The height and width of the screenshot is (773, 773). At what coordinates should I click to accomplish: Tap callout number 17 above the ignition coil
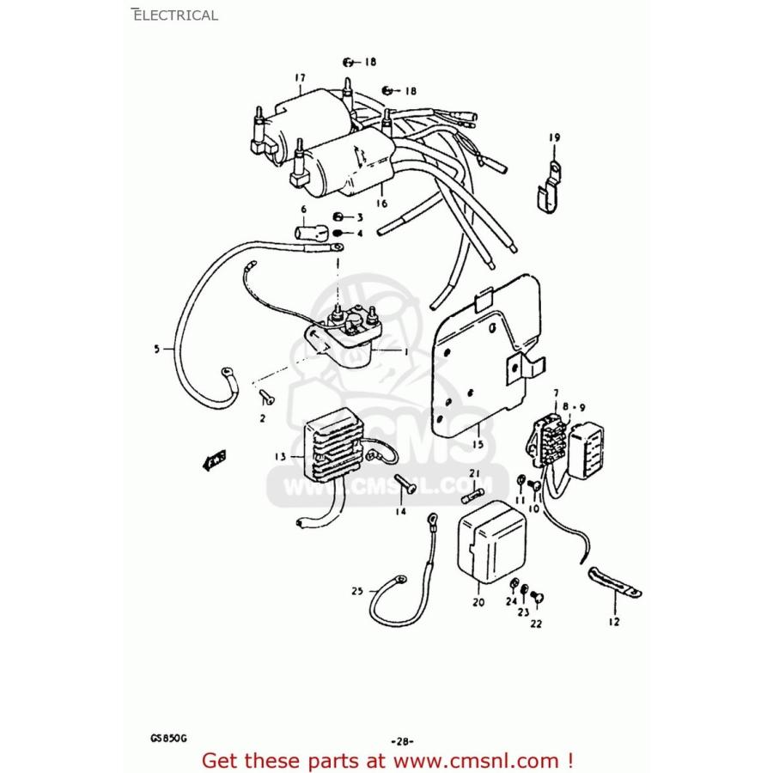pos(300,78)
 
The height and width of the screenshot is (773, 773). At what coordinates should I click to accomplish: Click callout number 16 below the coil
pos(381,204)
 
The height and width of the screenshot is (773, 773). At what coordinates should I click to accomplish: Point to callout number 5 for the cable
pos(156,349)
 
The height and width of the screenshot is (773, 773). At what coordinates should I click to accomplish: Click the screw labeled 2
pos(265,396)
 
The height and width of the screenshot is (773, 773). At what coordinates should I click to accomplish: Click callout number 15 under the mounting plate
pos(478,444)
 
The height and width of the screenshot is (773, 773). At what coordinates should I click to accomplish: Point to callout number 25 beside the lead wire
pos(357,590)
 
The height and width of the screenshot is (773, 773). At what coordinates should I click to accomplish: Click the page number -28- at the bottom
pos(403,740)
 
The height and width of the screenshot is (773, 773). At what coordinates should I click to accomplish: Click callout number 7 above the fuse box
pos(556,392)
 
